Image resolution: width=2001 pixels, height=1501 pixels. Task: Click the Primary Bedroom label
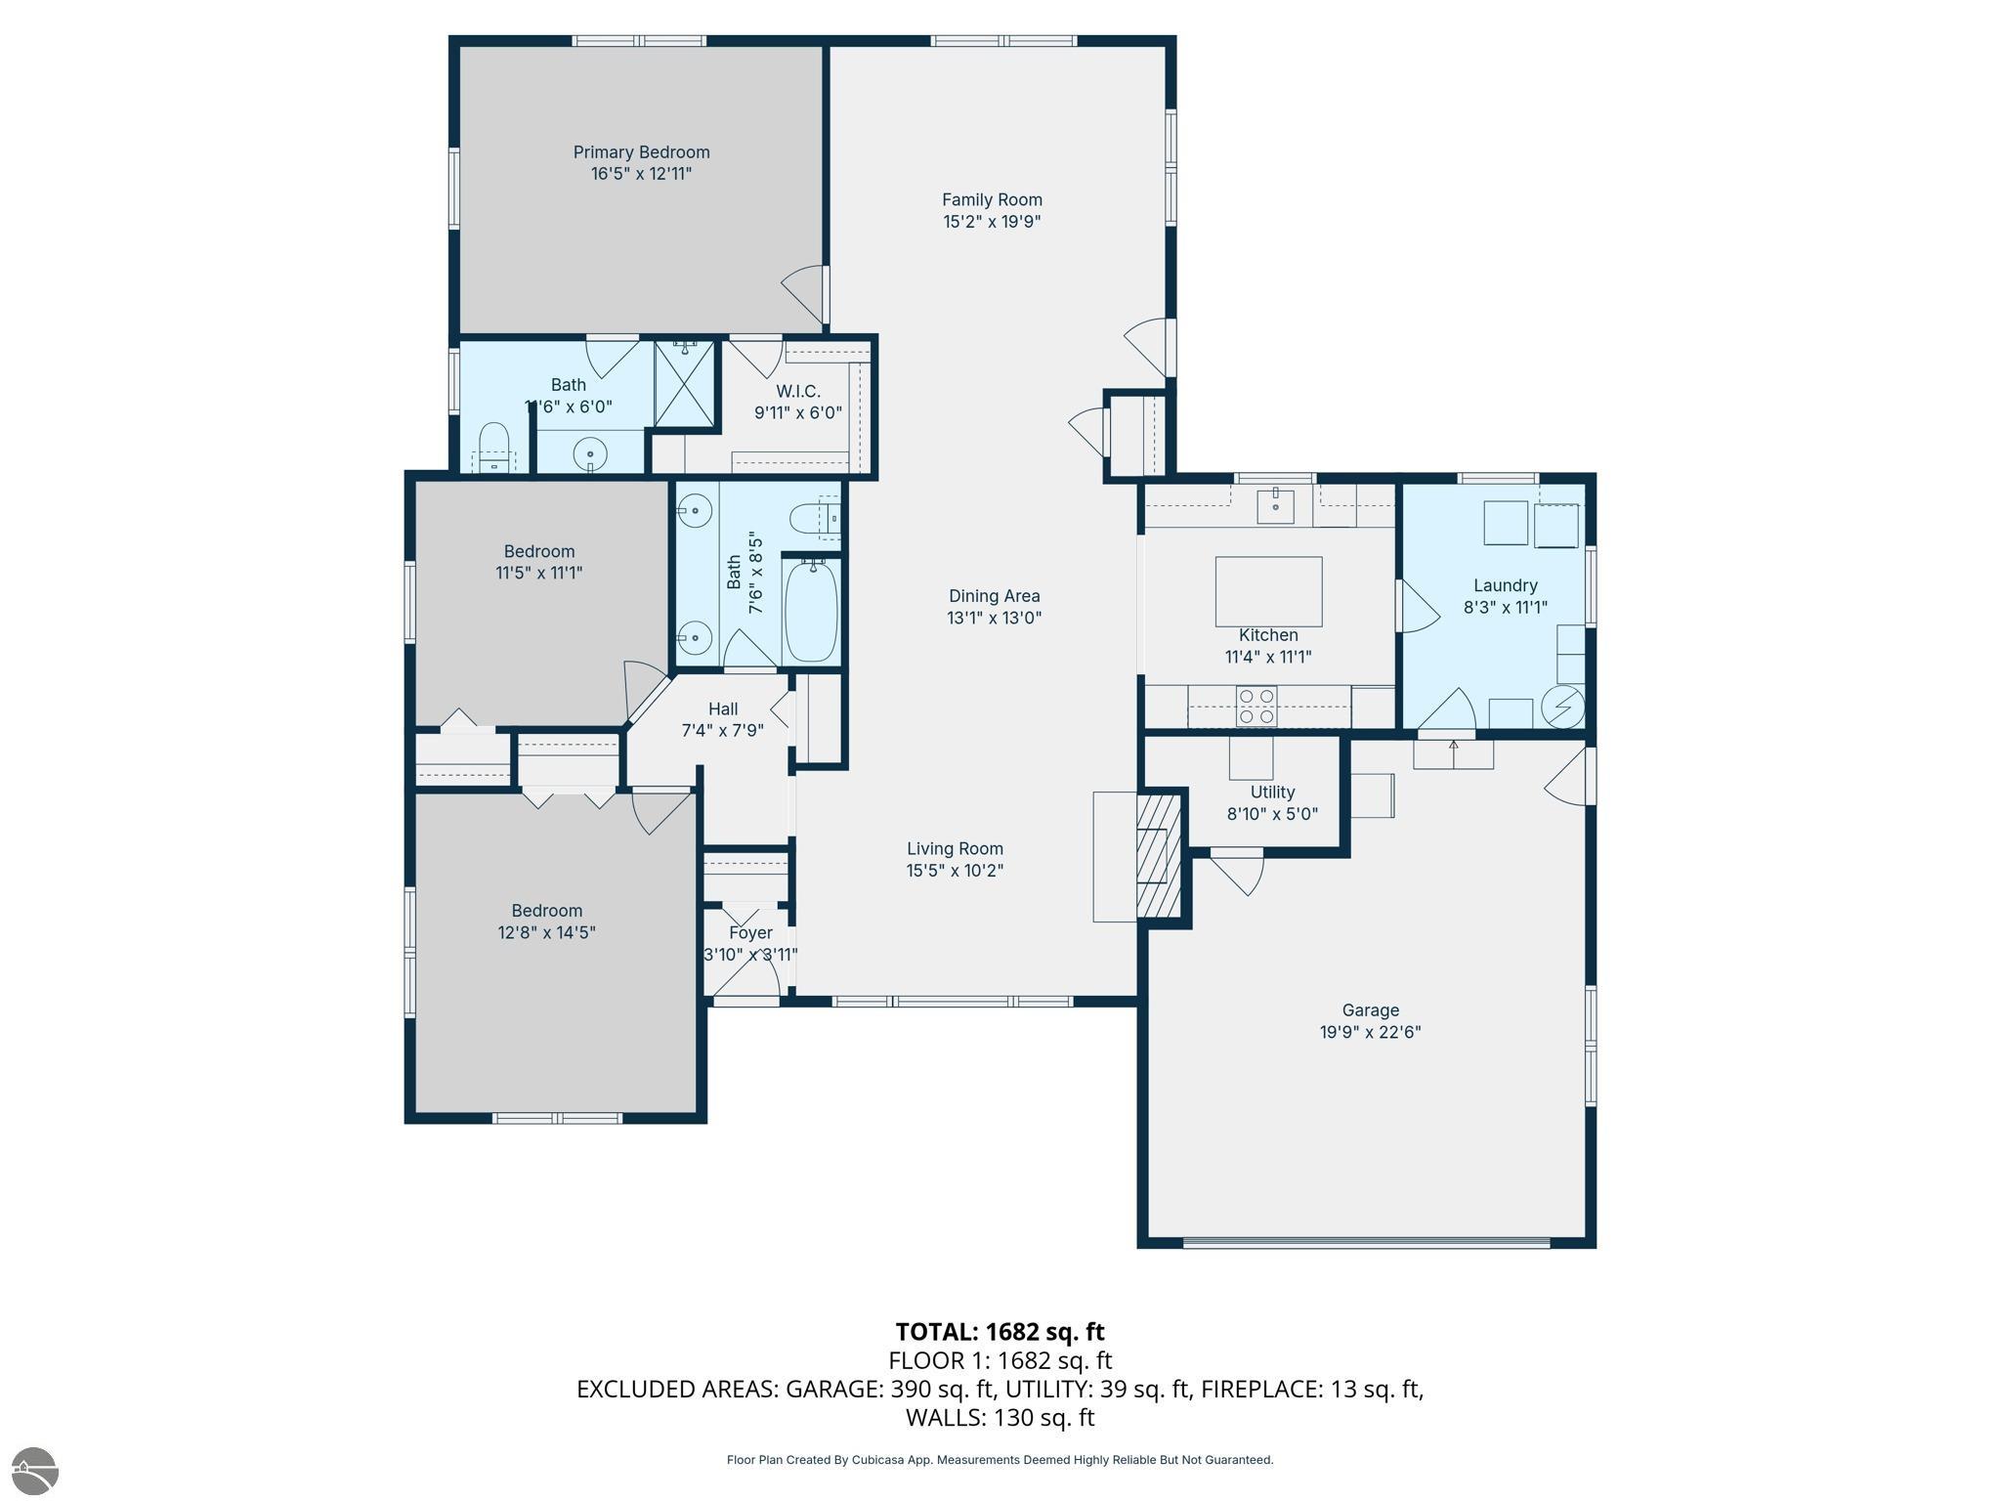click(x=641, y=152)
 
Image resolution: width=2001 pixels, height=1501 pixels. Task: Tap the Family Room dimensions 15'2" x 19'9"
click(x=992, y=222)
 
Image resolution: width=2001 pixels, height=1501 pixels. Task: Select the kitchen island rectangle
click(x=1268, y=591)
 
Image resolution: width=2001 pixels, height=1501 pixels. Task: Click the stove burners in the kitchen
click(x=1256, y=706)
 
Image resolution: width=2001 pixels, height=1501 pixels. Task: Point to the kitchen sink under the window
click(x=1275, y=506)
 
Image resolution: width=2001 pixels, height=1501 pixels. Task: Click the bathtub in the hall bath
click(x=811, y=611)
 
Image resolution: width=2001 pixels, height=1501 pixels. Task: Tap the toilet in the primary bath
click(x=494, y=449)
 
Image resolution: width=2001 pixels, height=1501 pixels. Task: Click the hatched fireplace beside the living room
click(x=1160, y=855)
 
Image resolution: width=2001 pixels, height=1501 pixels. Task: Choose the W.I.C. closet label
click(x=798, y=391)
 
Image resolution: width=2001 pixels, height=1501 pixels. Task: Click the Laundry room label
click(x=1505, y=585)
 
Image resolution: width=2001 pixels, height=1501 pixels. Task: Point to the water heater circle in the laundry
click(x=1561, y=706)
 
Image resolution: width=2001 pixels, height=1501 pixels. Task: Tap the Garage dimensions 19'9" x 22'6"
click(x=1370, y=1032)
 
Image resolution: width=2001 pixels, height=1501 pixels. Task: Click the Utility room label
click(x=1272, y=792)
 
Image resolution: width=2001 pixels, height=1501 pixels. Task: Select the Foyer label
click(x=750, y=932)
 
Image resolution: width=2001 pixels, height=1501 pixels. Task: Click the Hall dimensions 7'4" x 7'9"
click(x=722, y=730)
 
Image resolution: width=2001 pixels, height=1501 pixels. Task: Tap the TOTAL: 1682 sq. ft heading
click(x=1000, y=1332)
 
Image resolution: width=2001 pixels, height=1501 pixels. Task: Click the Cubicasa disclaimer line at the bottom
click(x=1000, y=1460)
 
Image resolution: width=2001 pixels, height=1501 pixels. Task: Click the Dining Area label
click(x=994, y=596)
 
